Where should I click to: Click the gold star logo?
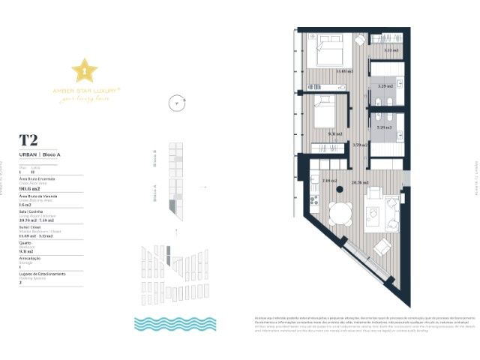[84, 70]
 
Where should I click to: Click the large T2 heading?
[28, 140]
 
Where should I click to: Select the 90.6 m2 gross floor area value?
[30, 189]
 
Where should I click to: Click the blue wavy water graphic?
[175, 323]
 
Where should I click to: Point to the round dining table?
[341, 214]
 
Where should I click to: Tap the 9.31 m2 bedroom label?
[334, 134]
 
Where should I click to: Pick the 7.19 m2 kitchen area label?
[328, 181]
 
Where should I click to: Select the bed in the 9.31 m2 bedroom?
[324, 112]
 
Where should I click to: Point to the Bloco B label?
[154, 158]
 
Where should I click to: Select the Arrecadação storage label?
[31, 258]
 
